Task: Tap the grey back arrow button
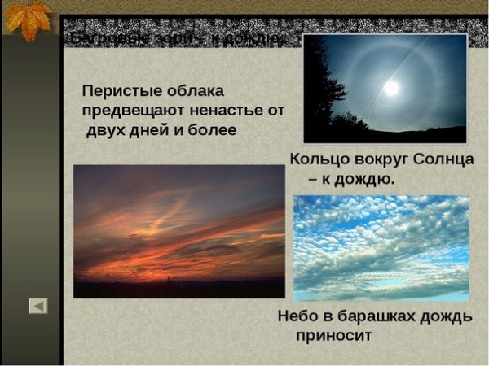point(38,306)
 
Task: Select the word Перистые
point(119,90)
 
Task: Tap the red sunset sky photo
point(178,231)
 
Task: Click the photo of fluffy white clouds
point(381,247)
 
